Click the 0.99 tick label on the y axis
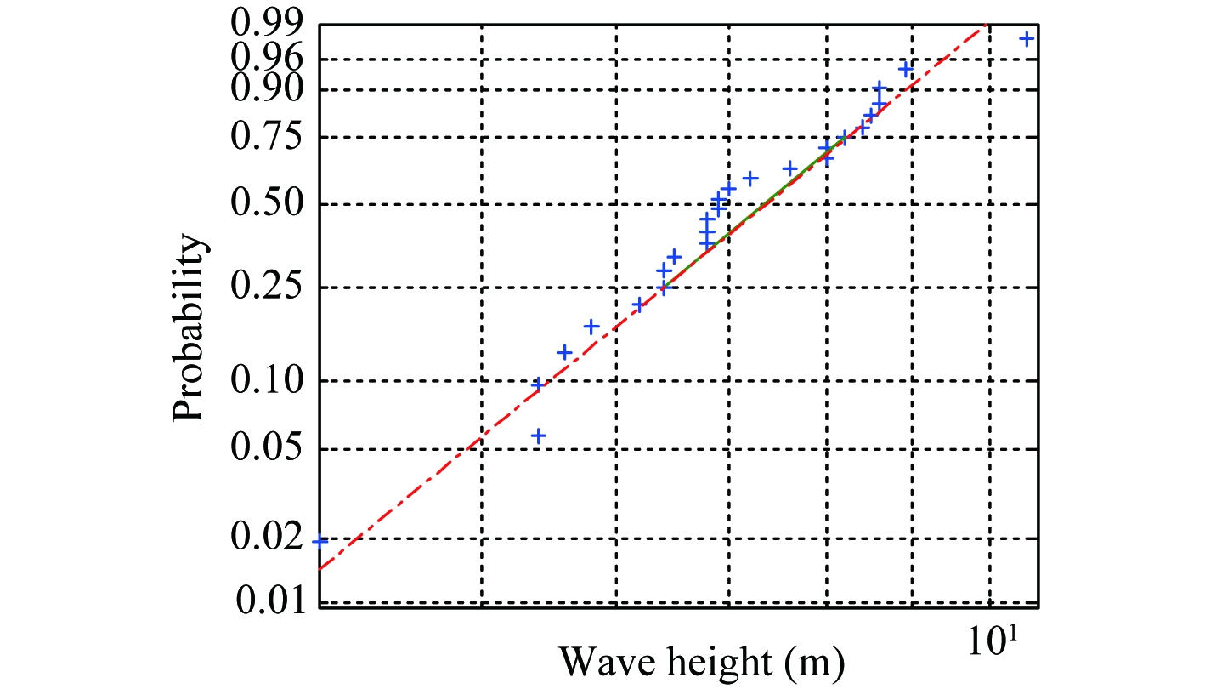point(264,26)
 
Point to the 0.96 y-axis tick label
point(264,59)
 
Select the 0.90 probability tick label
point(264,89)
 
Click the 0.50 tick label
point(264,204)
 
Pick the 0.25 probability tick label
point(264,288)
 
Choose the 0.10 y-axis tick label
point(264,380)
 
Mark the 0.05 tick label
point(264,449)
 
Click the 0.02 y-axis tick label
point(264,539)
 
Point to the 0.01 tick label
point(264,603)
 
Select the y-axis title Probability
point(190,327)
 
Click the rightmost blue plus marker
point(1027,38)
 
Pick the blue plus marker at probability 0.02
point(320,540)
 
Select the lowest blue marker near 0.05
point(537,436)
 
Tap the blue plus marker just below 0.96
point(906,68)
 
